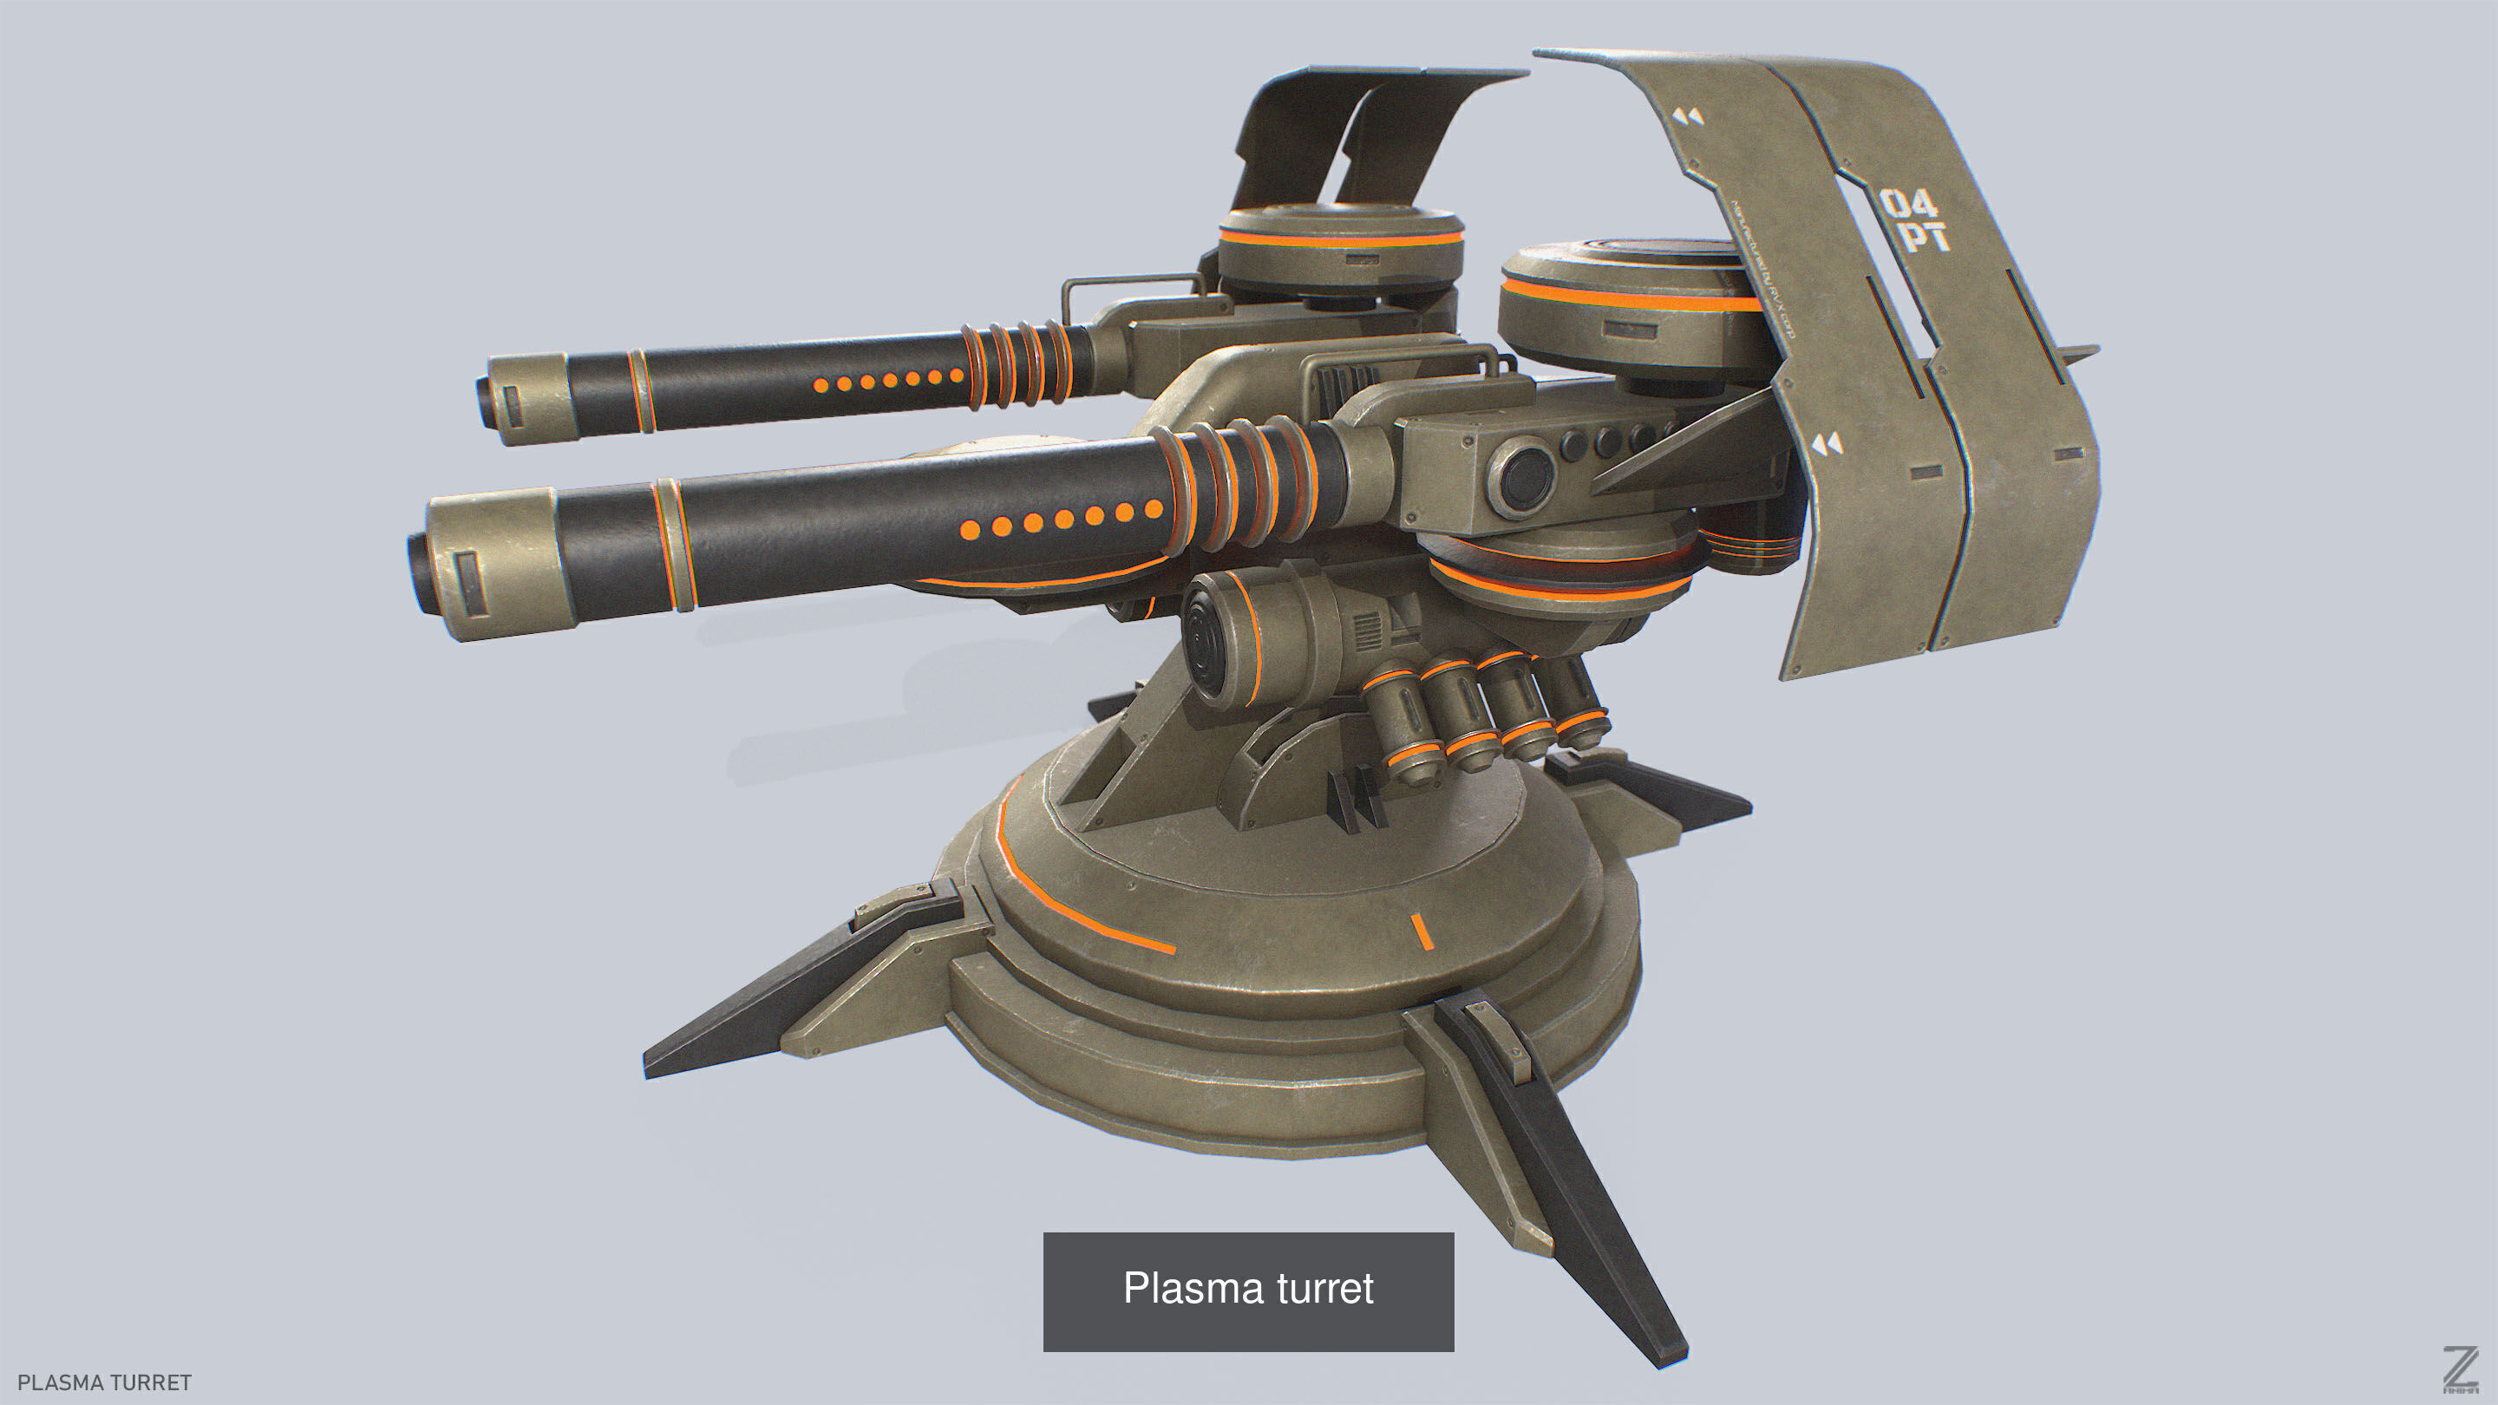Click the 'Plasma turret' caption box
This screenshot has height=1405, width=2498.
[x=1248, y=1291]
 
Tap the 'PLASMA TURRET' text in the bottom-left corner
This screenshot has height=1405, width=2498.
[x=105, y=1382]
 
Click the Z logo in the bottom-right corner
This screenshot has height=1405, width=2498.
[x=2460, y=1370]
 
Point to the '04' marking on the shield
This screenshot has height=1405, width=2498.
[x=1908, y=205]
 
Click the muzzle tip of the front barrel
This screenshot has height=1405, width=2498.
[x=418, y=573]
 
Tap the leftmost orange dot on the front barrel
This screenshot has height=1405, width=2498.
[x=970, y=529]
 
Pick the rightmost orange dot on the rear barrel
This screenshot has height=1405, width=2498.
[x=956, y=376]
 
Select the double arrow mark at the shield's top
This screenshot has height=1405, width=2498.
[x=1688, y=117]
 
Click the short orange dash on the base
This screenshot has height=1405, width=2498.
[x=1421, y=931]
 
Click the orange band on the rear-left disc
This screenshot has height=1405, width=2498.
[x=1338, y=239]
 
